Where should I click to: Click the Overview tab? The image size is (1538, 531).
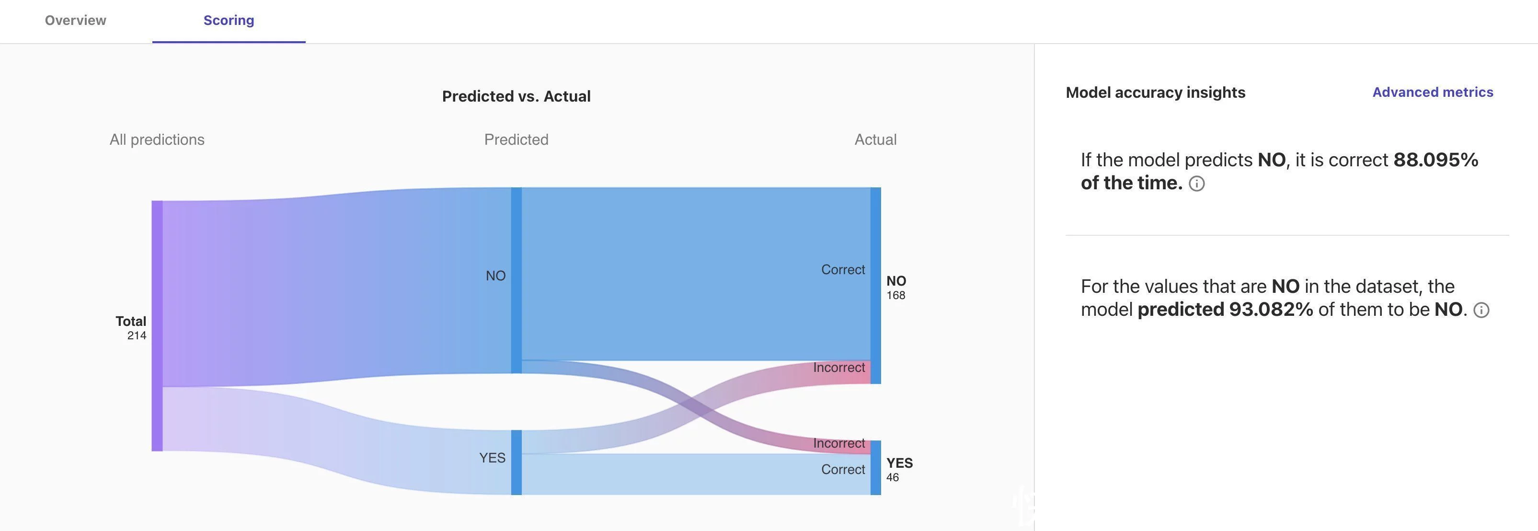coord(75,20)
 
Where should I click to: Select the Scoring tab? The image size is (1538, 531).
coord(229,20)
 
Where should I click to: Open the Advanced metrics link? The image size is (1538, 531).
coord(1432,92)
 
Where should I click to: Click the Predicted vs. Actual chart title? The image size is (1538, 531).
coord(516,96)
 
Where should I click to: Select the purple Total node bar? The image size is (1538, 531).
coord(157,325)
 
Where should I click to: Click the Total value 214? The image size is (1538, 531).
coord(137,335)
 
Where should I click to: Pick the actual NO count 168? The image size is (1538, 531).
coord(895,296)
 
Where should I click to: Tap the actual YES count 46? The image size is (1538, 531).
coord(893,478)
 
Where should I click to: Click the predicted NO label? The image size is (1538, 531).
coord(495,276)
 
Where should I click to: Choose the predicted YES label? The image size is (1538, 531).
coord(492,458)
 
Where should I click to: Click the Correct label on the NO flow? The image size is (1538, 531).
coord(843,270)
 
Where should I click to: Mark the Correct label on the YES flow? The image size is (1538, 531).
coord(843,470)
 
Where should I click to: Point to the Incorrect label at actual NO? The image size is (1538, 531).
coord(839,368)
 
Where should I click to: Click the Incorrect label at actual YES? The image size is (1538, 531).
coord(839,444)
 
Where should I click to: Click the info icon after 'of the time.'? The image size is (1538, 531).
coord(1196,184)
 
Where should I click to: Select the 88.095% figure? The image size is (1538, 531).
coord(1436,160)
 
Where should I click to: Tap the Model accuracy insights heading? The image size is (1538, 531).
coord(1155,92)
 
